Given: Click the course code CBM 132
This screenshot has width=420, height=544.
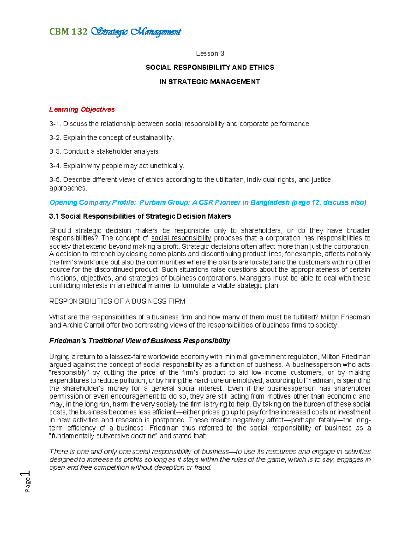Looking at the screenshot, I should [68, 32].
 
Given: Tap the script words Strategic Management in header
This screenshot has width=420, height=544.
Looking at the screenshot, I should [136, 32].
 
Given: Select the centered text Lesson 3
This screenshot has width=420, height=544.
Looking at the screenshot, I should [210, 54].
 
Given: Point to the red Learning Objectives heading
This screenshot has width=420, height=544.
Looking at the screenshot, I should [82, 110].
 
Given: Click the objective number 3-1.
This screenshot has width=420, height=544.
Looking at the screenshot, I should [55, 124].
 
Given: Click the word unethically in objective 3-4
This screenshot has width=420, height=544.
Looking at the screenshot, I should [167, 166].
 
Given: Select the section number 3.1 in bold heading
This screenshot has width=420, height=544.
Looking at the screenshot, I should [54, 216].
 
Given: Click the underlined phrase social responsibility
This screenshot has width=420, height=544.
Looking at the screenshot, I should [181, 239].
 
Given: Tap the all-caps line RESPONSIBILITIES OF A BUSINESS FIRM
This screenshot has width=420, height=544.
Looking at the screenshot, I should [117, 302].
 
